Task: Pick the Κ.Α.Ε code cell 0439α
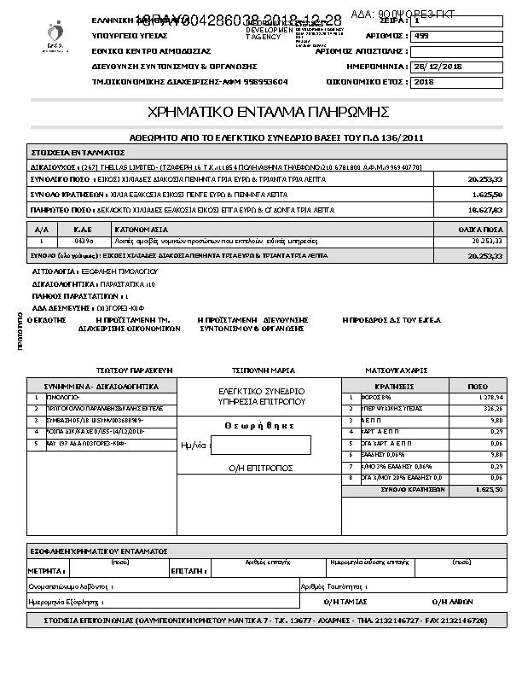pos(84,242)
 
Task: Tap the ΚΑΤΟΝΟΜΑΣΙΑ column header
pos(138,230)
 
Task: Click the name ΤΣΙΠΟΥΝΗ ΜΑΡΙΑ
pos(264,371)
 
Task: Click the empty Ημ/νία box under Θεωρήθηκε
pos(261,446)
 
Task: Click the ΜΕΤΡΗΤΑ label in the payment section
pos(42,569)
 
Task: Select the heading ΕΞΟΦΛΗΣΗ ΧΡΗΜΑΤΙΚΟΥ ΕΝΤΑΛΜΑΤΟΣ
pos(99,551)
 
